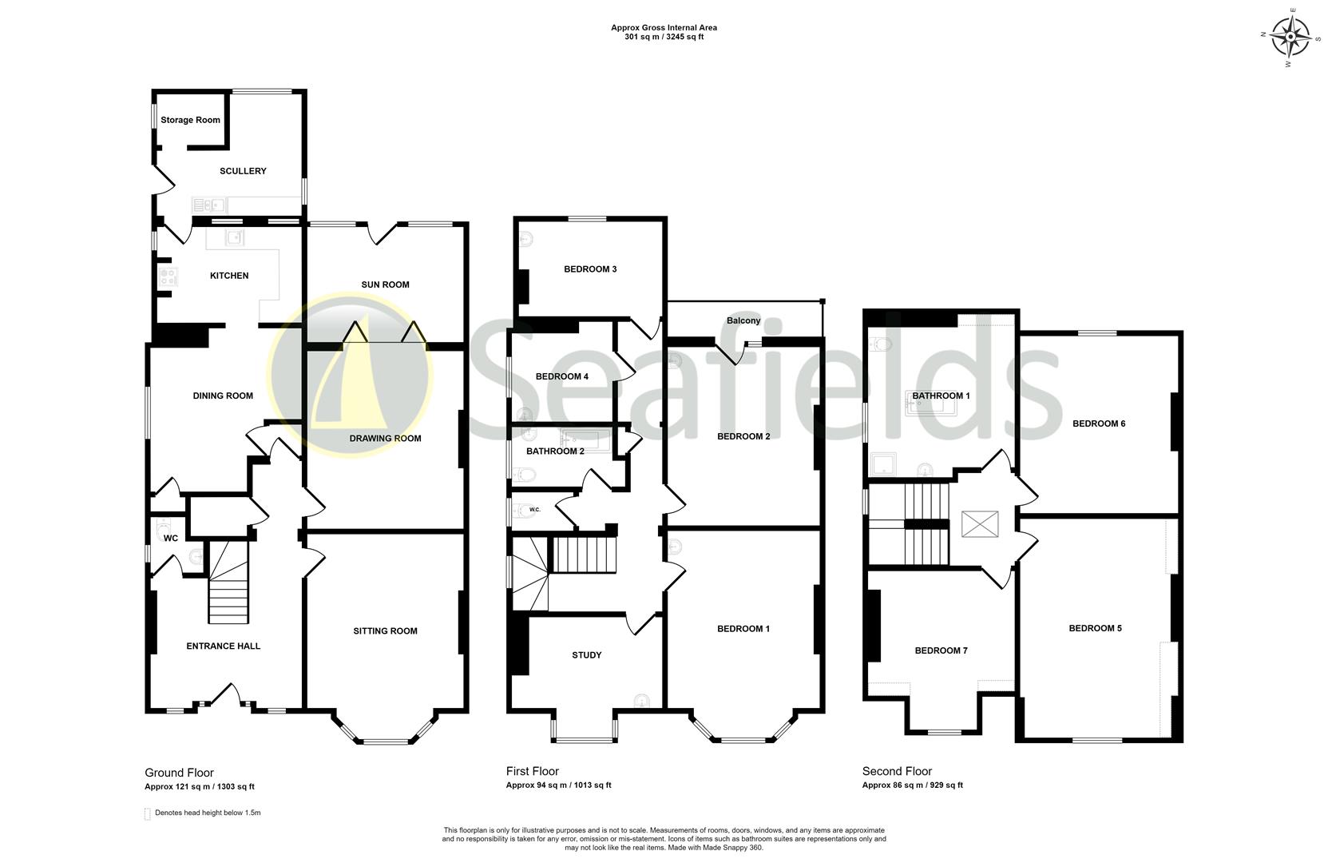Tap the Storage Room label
(190, 120)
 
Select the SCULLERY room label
(243, 171)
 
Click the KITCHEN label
(229, 276)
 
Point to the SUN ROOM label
(385, 284)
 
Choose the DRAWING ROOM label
(385, 438)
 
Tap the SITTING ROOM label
(385, 630)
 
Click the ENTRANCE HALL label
(223, 646)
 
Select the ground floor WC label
(170, 539)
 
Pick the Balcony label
(743, 320)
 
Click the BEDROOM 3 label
(590, 269)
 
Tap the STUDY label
(586, 655)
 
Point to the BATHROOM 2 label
(555, 451)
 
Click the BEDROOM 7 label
(941, 650)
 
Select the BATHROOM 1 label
(941, 396)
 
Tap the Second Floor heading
(897, 771)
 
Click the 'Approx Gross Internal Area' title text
(664, 28)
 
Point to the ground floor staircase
(228, 583)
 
